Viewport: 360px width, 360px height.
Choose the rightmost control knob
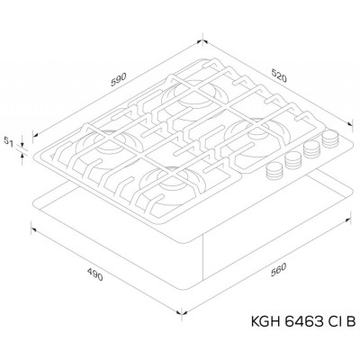330,140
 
